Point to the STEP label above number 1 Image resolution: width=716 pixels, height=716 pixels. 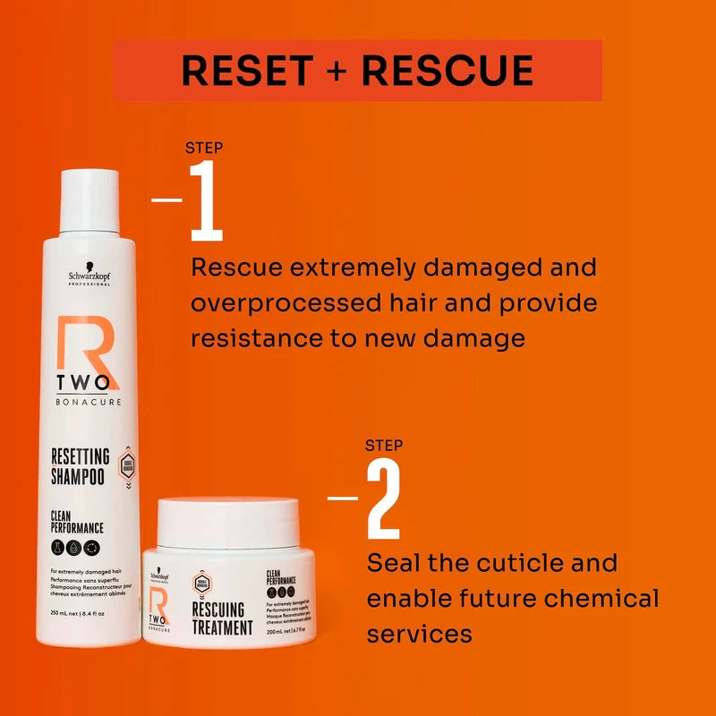click(x=204, y=148)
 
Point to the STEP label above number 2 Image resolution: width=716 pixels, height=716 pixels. click(x=384, y=445)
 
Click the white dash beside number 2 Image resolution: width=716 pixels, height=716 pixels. click(x=343, y=498)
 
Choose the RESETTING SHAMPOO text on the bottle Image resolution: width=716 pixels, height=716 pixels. click(x=80, y=466)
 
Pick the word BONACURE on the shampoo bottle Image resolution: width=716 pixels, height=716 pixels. click(x=88, y=401)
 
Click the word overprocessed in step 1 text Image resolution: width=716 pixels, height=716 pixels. click(x=286, y=303)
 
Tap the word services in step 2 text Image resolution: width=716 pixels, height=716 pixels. click(x=419, y=634)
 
